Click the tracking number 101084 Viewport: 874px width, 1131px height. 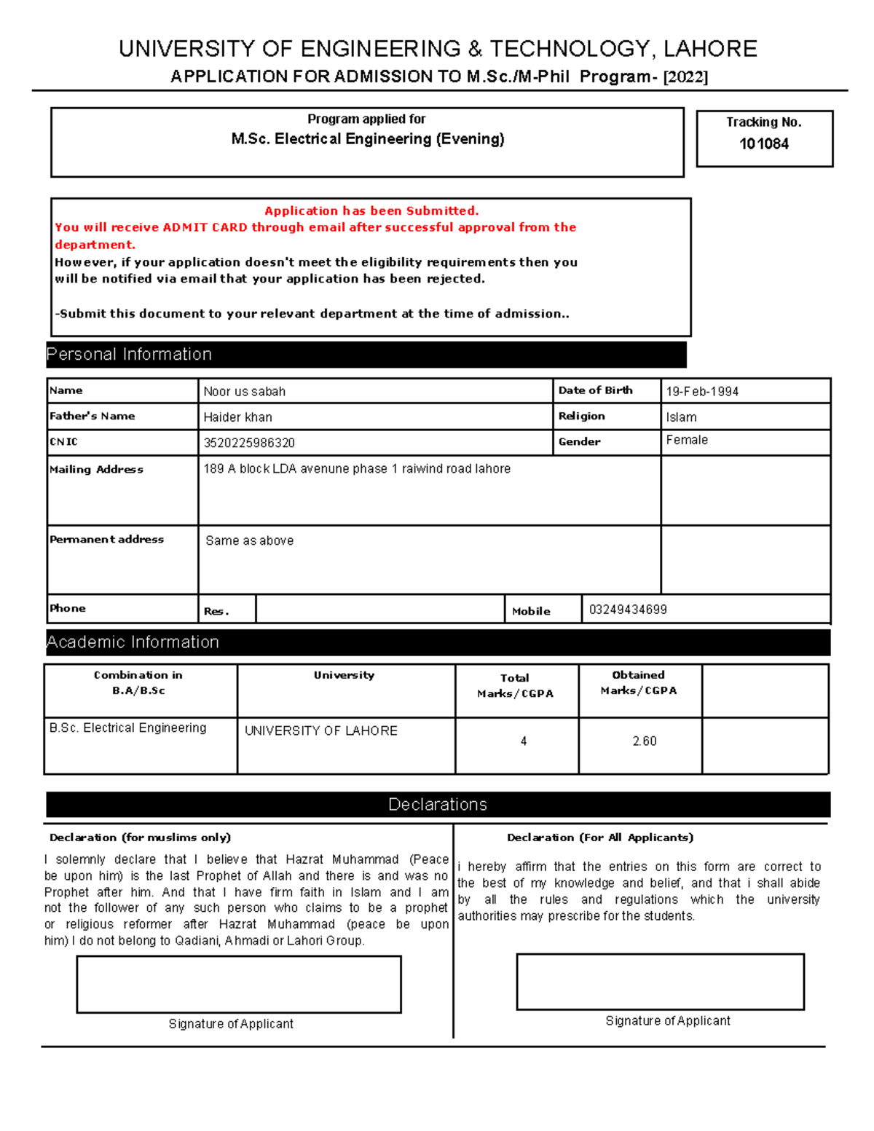point(763,143)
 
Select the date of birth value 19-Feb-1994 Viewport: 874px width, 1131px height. point(702,391)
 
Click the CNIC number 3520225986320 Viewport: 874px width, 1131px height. point(249,443)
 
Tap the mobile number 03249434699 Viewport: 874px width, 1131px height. point(628,610)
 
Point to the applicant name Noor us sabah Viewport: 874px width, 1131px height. point(245,391)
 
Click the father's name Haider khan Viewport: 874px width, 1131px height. point(238,417)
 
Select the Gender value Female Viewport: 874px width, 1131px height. point(687,440)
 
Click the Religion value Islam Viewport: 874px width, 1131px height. point(681,417)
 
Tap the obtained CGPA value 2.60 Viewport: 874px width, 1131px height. point(644,741)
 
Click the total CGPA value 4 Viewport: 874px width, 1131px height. point(524,741)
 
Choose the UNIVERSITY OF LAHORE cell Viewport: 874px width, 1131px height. point(321,730)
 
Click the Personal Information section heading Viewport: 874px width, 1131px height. point(130,354)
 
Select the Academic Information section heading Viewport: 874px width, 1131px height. point(133,642)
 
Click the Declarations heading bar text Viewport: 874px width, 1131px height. point(438,804)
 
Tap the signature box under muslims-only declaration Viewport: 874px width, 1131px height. point(239,984)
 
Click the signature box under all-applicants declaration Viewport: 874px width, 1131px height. point(660,981)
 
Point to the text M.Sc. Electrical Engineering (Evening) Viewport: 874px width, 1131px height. point(368,139)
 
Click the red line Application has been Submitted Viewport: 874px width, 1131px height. point(371,210)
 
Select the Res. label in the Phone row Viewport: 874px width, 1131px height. point(216,611)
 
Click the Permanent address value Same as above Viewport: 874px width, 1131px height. point(250,540)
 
